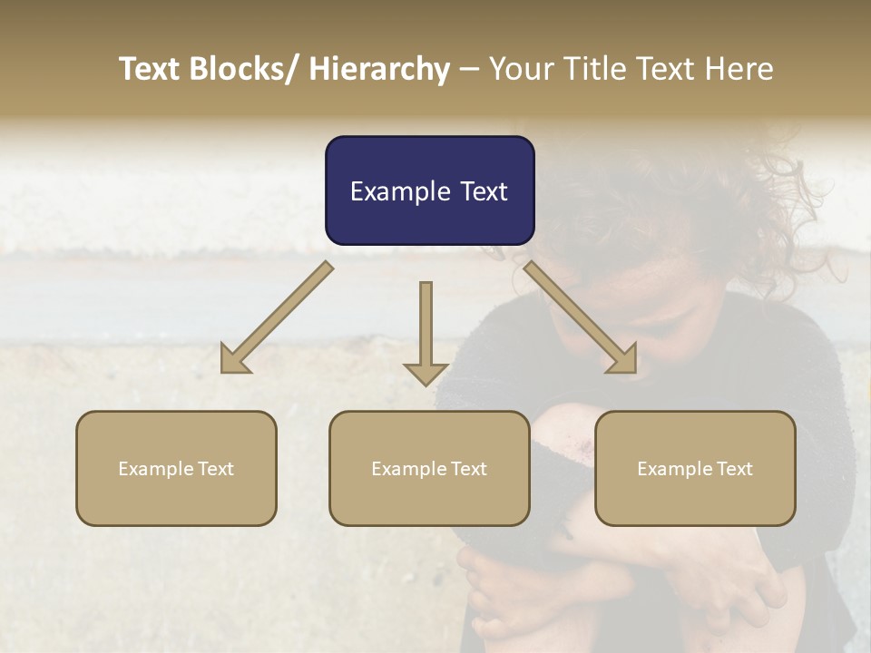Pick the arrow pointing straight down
[x=426, y=326]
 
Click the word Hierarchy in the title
[x=379, y=69]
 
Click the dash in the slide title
[x=469, y=70]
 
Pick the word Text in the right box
[x=734, y=469]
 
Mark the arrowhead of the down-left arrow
[x=234, y=359]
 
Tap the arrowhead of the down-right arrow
[x=623, y=359]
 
